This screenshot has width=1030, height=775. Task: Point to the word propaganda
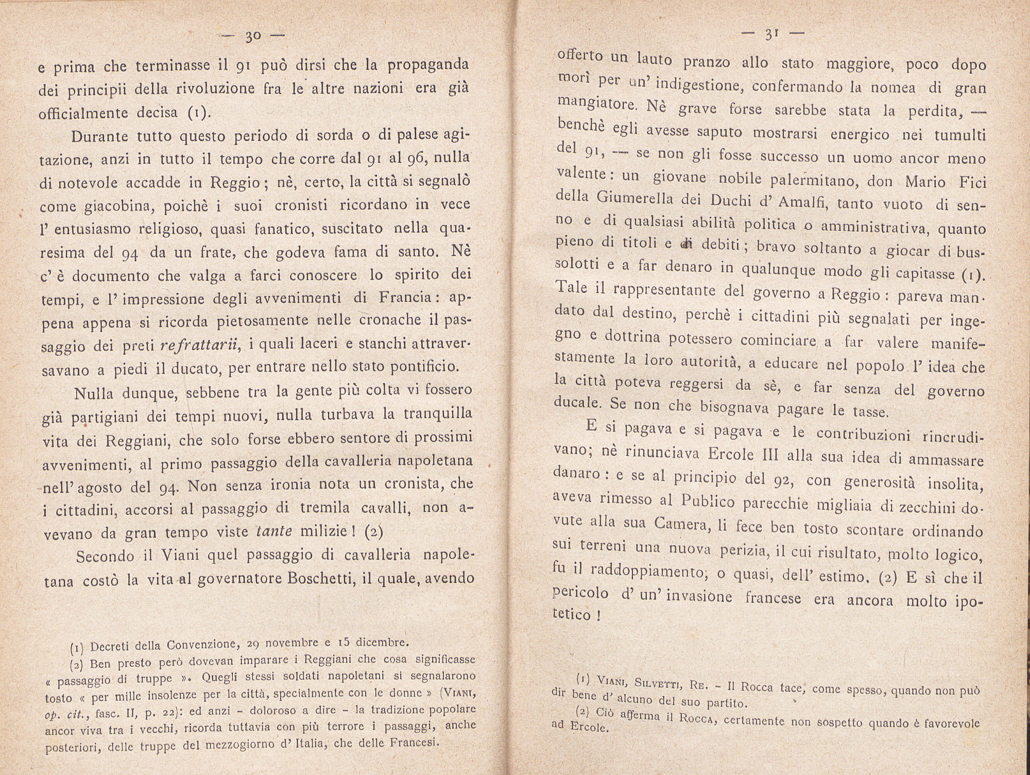pos(428,65)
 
